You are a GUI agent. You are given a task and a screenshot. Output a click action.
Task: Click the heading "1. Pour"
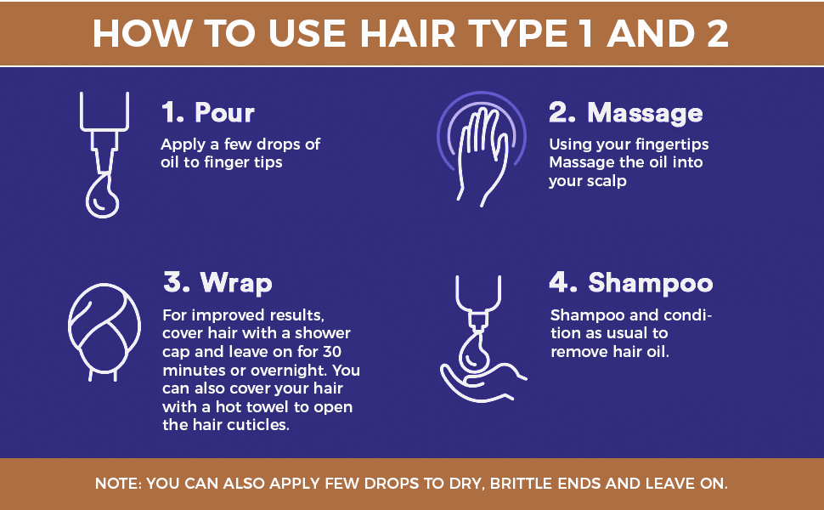[x=208, y=112]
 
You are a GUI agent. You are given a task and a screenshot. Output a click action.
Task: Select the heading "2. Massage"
[x=626, y=113]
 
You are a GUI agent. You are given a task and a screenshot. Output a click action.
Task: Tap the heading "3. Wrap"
[x=217, y=283]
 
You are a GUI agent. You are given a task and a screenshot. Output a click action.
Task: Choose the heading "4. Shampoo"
[x=631, y=283]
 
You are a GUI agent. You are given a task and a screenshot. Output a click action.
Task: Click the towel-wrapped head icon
[x=104, y=331]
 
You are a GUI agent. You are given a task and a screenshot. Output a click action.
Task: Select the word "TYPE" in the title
[x=519, y=34]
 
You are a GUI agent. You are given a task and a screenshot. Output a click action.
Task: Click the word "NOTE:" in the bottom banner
[x=118, y=484]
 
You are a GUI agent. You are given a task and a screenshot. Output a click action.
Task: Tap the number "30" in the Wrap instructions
[x=331, y=352]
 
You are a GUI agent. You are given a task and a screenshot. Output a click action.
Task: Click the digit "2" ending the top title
[x=717, y=34]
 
